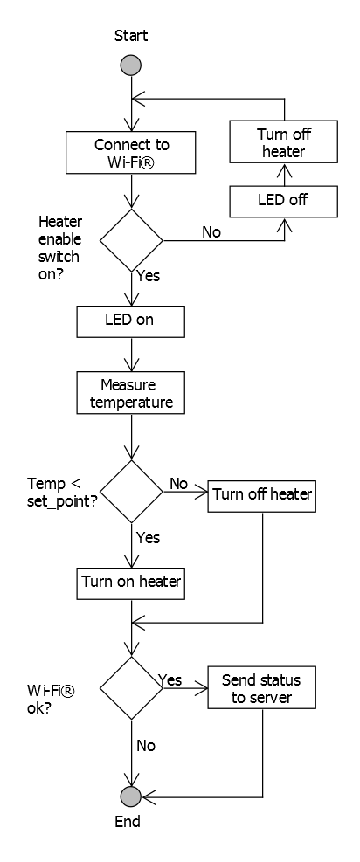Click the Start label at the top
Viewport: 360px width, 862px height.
click(131, 36)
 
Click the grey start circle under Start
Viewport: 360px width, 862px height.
click(131, 66)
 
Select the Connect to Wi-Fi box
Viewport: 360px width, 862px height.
click(131, 152)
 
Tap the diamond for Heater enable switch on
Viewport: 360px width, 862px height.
click(131, 240)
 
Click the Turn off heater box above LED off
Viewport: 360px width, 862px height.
click(282, 142)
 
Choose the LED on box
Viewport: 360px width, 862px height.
click(131, 320)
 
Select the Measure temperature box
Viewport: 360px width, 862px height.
click(131, 393)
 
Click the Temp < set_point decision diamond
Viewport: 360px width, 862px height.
click(131, 492)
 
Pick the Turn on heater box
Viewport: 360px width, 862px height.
click(131, 581)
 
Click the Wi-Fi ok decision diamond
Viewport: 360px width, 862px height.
click(131, 688)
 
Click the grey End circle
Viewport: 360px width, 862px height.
click(131, 796)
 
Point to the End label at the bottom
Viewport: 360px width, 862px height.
click(128, 822)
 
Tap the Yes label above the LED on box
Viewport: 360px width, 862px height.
click(148, 276)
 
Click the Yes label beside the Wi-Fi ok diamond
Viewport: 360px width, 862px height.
click(170, 679)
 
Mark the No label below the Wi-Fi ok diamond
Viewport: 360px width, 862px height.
click(147, 747)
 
